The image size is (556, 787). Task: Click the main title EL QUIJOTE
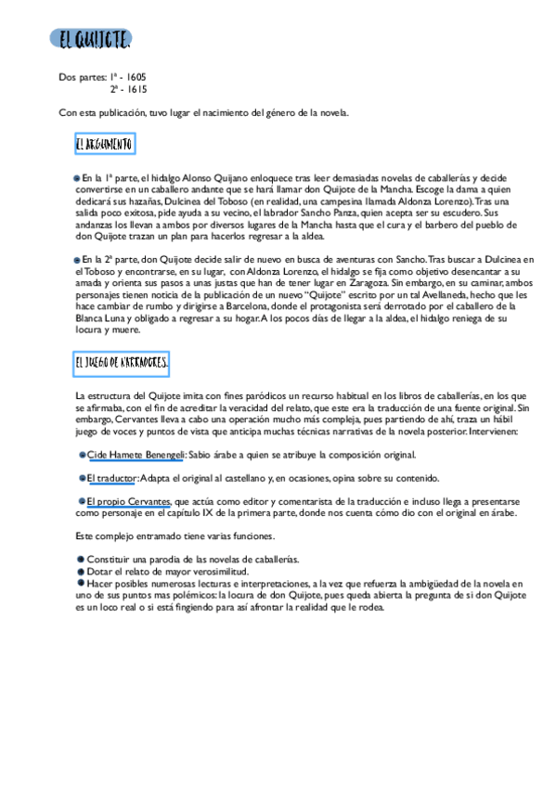point(93,41)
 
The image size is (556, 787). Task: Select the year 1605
point(134,77)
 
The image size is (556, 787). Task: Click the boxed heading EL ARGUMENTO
point(104,145)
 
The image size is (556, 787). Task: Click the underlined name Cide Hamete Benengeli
point(136,455)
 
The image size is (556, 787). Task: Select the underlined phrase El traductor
point(112,478)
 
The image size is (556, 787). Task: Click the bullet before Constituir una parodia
point(81,560)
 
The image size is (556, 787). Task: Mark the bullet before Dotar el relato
point(81,571)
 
